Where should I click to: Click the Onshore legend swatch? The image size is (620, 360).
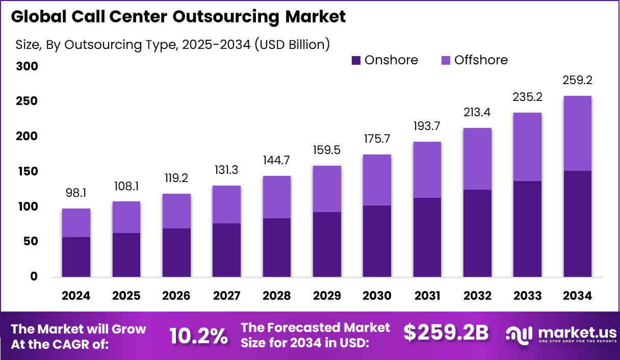356,61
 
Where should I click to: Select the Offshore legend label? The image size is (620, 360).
481,60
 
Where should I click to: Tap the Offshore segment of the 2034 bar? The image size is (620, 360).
577,133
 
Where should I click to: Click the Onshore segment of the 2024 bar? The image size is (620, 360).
76,257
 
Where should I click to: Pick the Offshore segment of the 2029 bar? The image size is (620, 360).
327,189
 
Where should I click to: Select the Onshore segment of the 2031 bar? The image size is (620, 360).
427,237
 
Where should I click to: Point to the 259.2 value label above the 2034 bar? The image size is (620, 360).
577,80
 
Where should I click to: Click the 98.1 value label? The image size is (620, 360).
76,193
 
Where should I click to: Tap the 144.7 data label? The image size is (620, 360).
277,160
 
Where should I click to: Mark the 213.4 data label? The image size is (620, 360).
477,112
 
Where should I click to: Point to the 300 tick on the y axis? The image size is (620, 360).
26,66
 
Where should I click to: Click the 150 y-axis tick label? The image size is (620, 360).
26,171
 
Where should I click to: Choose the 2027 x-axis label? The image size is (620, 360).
226,296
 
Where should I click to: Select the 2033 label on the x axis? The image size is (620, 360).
527,296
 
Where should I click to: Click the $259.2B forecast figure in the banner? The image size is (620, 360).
446,332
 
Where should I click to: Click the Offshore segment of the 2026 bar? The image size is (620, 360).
176,211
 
